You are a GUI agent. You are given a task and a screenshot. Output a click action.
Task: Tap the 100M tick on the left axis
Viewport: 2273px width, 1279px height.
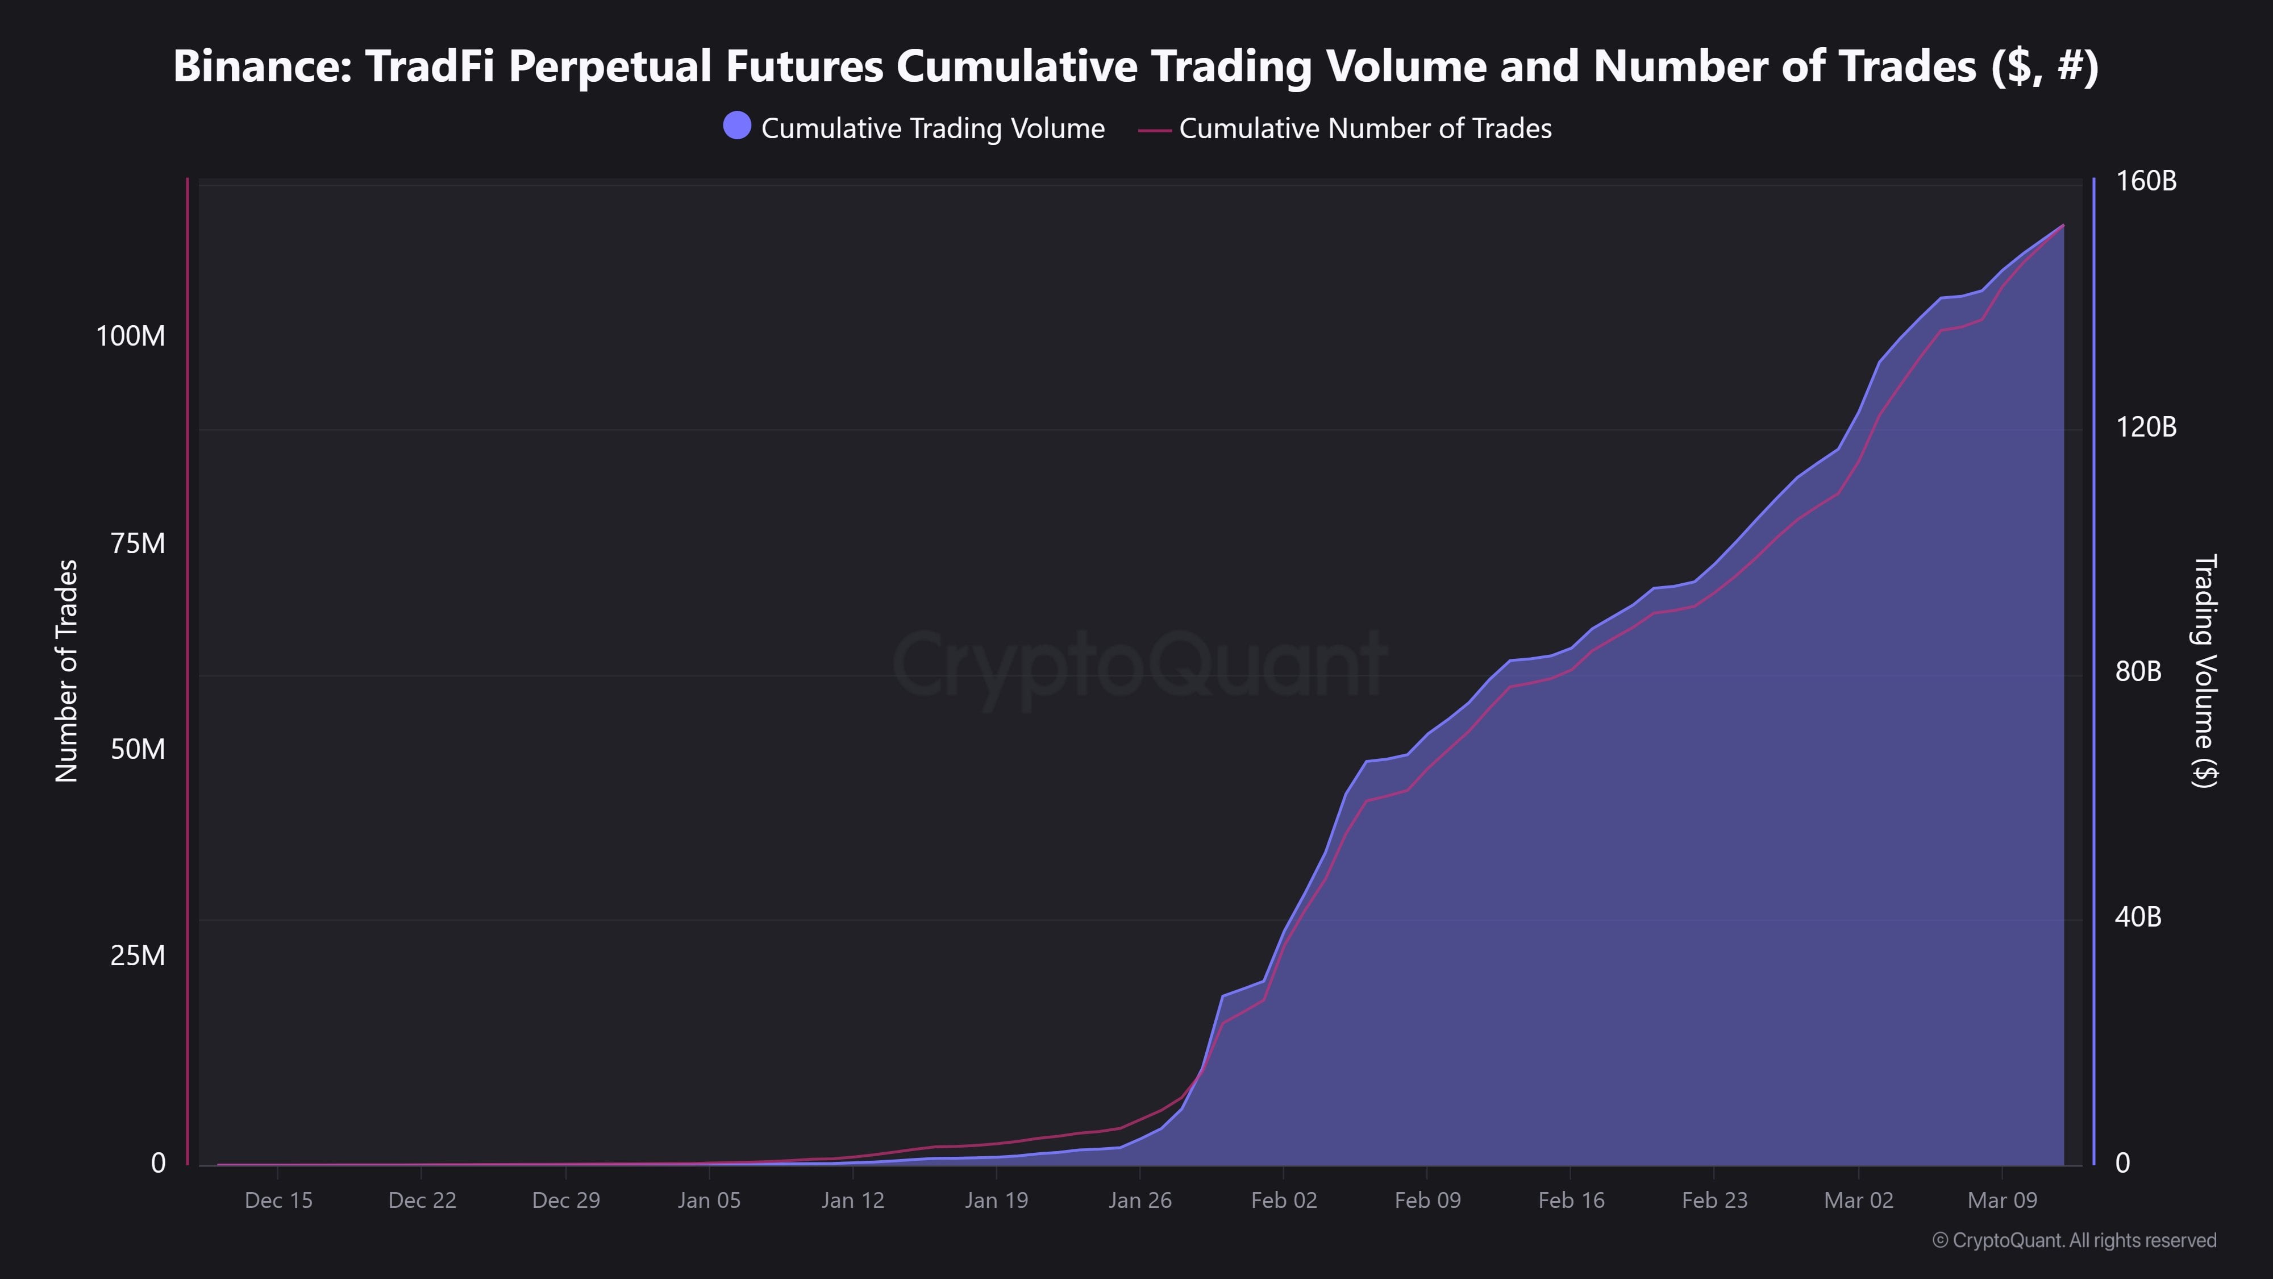pos(131,337)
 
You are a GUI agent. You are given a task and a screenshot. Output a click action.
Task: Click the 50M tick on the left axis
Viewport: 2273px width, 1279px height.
pos(138,749)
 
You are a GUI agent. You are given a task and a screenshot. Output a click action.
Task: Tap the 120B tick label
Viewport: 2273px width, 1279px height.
pos(2146,427)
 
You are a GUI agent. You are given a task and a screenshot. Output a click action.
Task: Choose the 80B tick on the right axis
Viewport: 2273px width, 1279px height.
pos(2138,672)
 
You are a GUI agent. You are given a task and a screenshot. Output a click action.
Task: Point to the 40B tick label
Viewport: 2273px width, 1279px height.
pos(2138,917)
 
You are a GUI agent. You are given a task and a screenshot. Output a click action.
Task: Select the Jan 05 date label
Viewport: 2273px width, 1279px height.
pos(709,1201)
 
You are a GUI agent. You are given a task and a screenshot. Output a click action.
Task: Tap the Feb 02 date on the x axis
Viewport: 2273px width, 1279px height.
pos(1284,1201)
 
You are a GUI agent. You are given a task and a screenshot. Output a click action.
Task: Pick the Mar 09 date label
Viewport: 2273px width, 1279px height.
pos(2002,1201)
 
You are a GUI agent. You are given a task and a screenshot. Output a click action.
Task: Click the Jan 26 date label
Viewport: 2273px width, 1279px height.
pos(1140,1201)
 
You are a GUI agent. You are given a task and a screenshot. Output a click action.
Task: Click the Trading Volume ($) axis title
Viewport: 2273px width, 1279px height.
pos(2204,671)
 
